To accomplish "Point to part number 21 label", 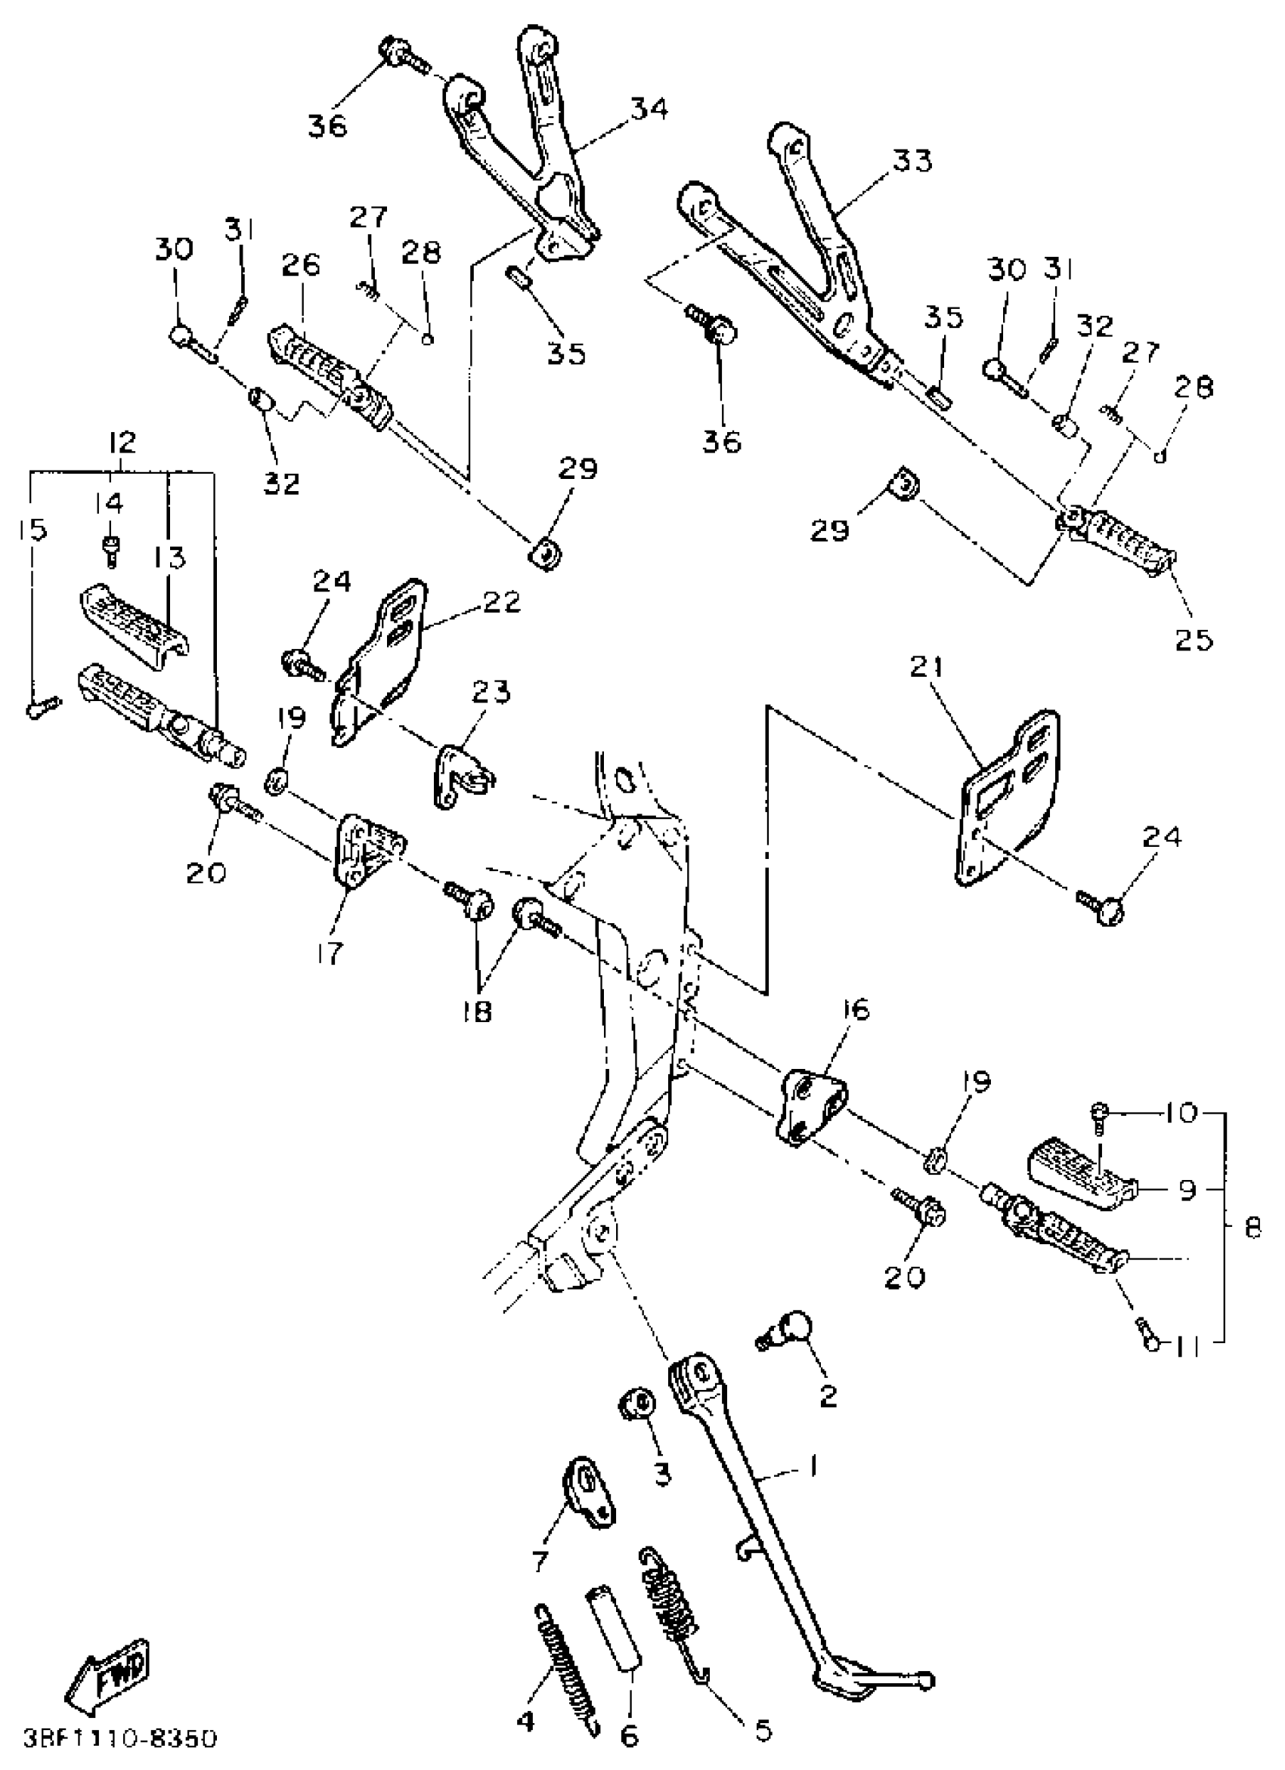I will [926, 668].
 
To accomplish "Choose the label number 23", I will [491, 692].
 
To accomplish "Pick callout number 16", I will [856, 1009].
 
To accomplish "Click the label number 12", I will [122, 443].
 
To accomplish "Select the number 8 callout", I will [1252, 1228].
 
